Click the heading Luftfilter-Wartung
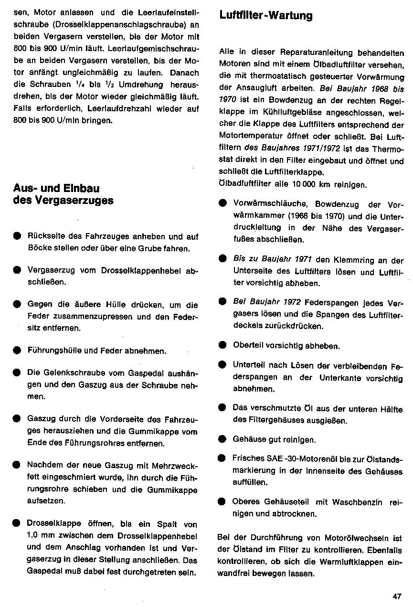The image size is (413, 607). (x=266, y=16)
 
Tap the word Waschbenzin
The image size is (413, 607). (x=356, y=502)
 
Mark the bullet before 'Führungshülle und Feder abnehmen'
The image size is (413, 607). (x=17, y=351)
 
